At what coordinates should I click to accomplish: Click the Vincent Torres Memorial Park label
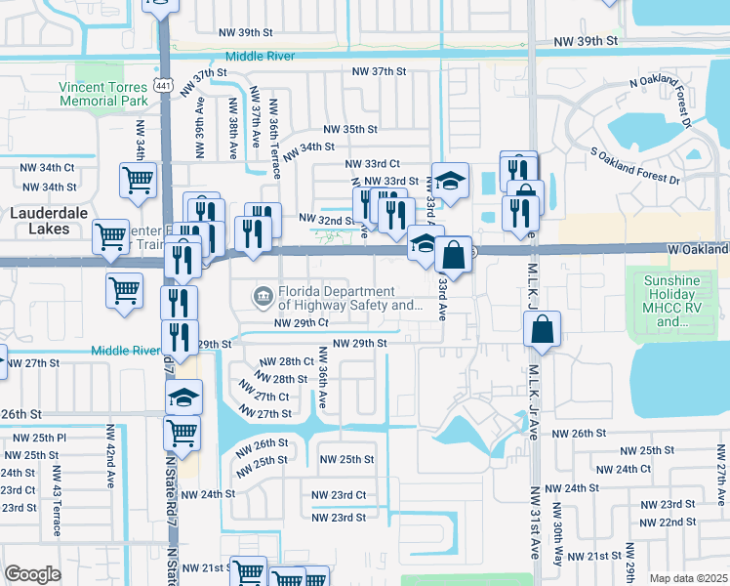(x=102, y=93)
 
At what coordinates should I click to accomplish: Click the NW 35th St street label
(x=350, y=129)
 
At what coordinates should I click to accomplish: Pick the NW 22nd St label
(x=675, y=523)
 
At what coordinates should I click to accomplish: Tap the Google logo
(x=32, y=574)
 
